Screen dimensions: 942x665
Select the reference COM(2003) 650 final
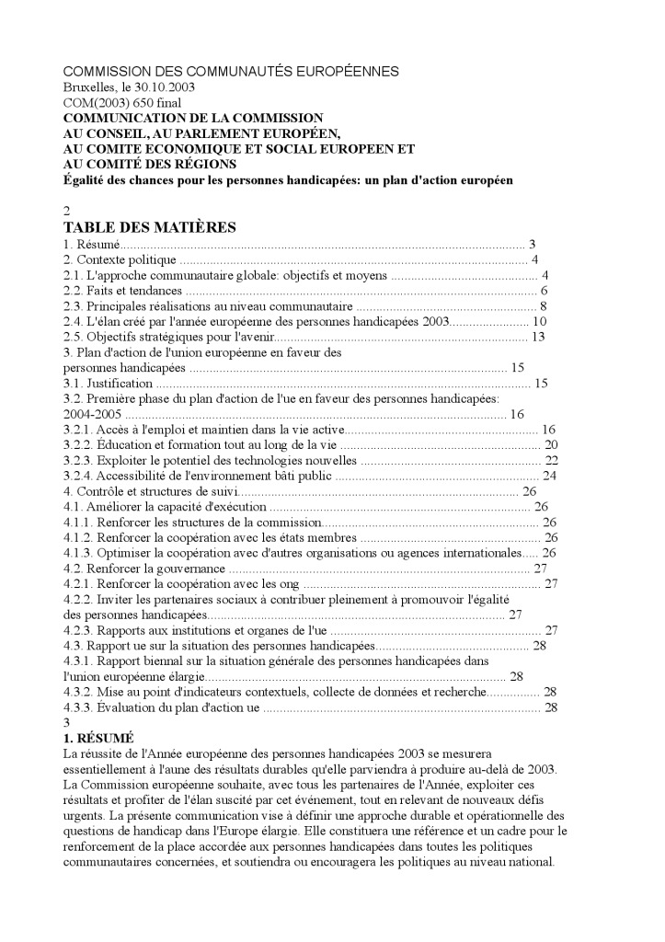121,103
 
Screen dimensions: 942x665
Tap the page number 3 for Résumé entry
532,244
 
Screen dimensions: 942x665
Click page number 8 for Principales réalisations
545,306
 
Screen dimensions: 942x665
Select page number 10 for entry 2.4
541,321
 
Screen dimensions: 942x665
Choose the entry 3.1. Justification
108,383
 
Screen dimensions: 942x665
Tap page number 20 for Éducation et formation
552,444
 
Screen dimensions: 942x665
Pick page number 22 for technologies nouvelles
552,460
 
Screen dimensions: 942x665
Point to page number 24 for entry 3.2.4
551,476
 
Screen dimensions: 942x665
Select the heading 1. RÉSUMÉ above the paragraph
98,738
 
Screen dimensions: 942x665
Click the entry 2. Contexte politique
107,260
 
